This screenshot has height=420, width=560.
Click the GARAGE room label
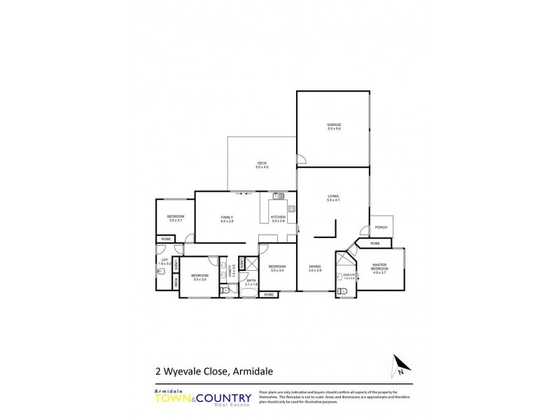click(333, 127)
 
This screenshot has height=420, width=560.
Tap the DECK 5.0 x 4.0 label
click(262, 165)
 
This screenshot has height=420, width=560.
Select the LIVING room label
click(333, 198)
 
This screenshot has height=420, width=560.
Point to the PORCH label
click(381, 227)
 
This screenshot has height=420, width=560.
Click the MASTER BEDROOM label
click(379, 267)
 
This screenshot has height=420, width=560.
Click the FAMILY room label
click(227, 218)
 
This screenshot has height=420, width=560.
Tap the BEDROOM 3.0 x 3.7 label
click(175, 218)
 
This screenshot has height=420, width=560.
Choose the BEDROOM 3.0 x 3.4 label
click(276, 267)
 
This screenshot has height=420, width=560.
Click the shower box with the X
click(242, 263)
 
